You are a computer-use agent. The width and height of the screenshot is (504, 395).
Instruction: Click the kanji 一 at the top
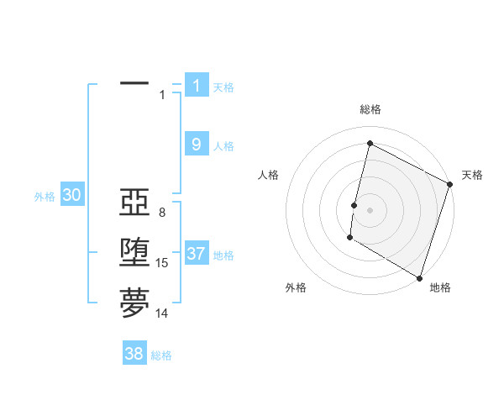pyautogui.click(x=134, y=84)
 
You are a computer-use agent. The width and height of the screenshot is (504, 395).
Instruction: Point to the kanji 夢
pyautogui.click(x=134, y=303)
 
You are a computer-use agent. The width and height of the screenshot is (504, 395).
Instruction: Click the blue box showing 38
pyautogui.click(x=134, y=354)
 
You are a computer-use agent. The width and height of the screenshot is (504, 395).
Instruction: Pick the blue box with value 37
pyautogui.click(x=197, y=254)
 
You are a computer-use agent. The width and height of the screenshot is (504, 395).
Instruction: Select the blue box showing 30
pyautogui.click(x=72, y=196)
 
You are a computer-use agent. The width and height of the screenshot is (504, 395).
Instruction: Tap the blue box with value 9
pyautogui.click(x=197, y=145)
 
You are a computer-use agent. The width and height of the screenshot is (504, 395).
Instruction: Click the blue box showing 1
pyautogui.click(x=197, y=86)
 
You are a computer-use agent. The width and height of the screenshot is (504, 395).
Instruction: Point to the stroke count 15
pyautogui.click(x=162, y=263)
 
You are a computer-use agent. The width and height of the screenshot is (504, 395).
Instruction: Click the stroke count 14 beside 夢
pyautogui.click(x=162, y=313)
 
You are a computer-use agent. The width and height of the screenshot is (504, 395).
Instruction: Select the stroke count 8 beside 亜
pyautogui.click(x=162, y=213)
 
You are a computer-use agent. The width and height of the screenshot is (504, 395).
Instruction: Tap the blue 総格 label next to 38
pyautogui.click(x=161, y=355)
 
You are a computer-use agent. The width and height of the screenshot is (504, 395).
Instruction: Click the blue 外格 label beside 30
pyautogui.click(x=45, y=197)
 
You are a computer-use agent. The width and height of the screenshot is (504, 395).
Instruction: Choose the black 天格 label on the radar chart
pyautogui.click(x=472, y=175)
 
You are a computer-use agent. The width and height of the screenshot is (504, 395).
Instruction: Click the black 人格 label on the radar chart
pyautogui.click(x=269, y=175)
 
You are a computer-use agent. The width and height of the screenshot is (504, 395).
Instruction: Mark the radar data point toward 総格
pyautogui.click(x=370, y=144)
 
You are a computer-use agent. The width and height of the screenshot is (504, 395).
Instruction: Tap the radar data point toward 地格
pyautogui.click(x=419, y=277)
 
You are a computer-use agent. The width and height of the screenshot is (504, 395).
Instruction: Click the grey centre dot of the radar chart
pyautogui.click(x=370, y=210)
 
